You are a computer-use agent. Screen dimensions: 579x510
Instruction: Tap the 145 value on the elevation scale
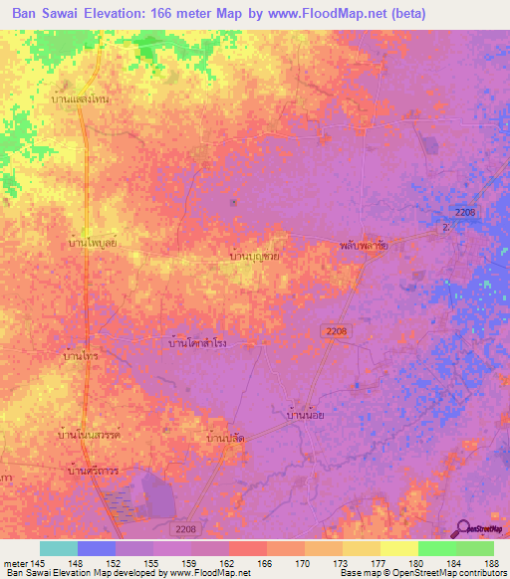[38, 563]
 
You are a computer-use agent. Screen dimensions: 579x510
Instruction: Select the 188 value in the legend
[493, 563]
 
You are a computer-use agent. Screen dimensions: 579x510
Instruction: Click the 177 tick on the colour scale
[380, 563]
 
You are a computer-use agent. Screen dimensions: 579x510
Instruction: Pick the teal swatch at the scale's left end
[59, 548]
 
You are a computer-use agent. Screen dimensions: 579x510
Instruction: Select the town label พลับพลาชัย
[363, 243]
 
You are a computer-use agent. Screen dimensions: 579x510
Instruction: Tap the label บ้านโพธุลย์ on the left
[95, 243]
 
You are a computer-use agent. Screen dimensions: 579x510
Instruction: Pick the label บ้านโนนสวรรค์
[90, 435]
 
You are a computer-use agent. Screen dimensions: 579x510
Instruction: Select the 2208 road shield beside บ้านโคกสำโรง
[336, 330]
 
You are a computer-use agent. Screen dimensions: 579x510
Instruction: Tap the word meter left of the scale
[16, 563]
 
